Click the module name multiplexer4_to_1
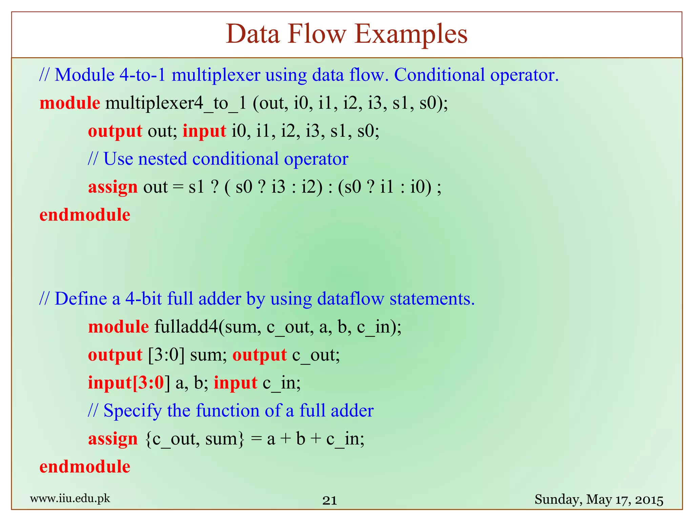(x=176, y=103)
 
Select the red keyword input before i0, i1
(x=204, y=131)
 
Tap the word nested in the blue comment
(x=162, y=159)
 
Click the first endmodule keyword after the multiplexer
(x=85, y=215)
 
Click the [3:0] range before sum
(x=166, y=355)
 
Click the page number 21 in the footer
(x=329, y=500)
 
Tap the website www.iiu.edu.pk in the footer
(x=70, y=499)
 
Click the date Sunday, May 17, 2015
(x=599, y=500)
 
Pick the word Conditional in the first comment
(x=439, y=75)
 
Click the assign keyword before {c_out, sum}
(x=113, y=439)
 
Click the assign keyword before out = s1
(x=113, y=187)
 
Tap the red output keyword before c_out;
(x=260, y=355)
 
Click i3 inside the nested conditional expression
(x=278, y=187)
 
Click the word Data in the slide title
(x=253, y=35)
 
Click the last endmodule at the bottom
(x=85, y=467)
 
